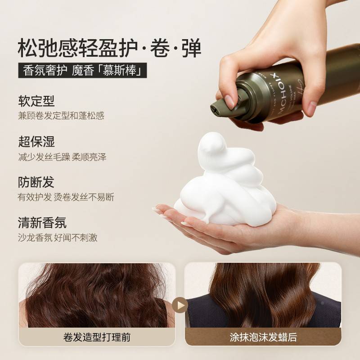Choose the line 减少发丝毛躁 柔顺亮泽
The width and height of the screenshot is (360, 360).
coord(62,157)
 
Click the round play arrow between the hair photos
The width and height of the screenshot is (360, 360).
coord(180,305)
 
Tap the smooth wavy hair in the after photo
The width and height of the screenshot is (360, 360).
coord(263,292)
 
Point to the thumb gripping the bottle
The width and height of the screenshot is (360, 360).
coord(232,97)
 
